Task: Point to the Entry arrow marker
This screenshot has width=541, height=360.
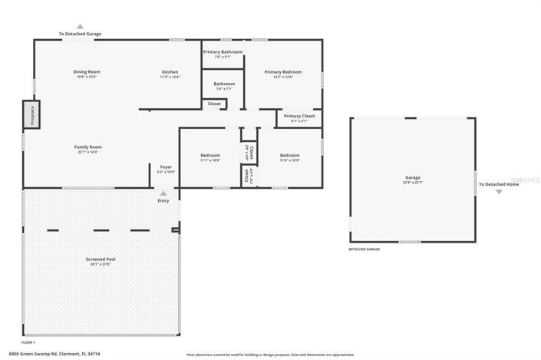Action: tap(163, 193)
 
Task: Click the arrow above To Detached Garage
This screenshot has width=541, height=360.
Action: tap(80, 26)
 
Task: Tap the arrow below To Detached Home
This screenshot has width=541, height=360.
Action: tap(499, 192)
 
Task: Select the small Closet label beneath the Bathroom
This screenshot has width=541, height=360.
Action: tap(214, 104)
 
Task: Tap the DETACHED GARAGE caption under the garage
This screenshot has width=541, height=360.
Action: tap(365, 249)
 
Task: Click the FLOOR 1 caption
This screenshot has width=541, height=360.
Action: tap(28, 342)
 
